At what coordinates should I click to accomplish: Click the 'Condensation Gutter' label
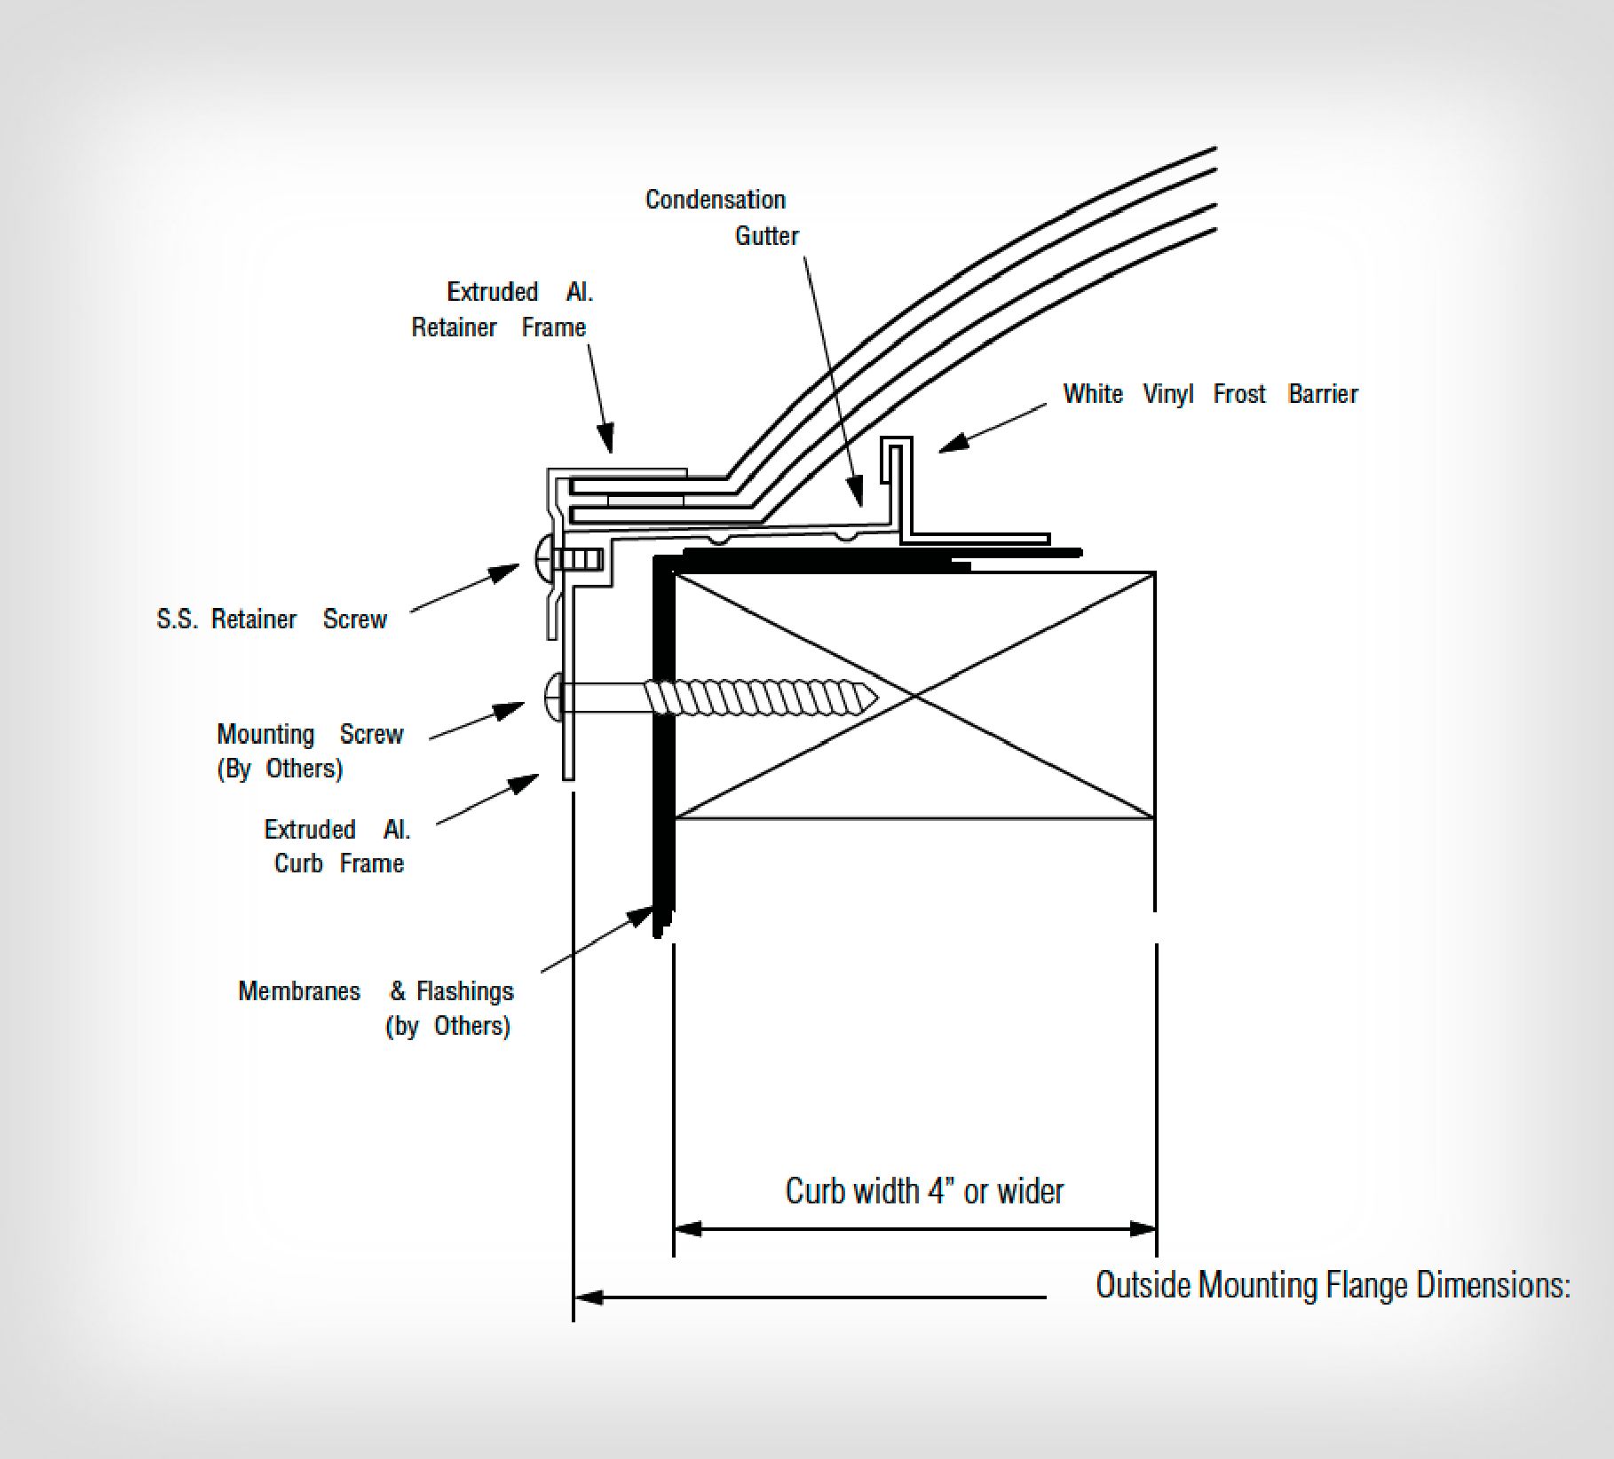[716, 217]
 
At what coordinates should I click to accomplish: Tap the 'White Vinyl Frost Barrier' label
[1210, 394]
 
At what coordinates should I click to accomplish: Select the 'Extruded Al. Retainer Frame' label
[502, 310]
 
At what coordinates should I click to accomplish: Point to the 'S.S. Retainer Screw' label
[272, 619]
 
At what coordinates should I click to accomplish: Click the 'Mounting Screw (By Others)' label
[310, 751]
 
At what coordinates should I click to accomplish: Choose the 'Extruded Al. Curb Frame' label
[338, 846]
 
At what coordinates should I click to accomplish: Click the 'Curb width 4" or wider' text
[924, 1191]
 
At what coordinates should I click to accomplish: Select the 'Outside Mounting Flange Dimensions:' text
[1333, 1285]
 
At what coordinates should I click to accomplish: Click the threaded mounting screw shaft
[755, 698]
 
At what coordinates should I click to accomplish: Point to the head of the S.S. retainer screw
[544, 559]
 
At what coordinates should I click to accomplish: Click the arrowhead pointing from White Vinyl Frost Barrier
[950, 446]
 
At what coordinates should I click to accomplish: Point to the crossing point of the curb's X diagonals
[914, 697]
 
